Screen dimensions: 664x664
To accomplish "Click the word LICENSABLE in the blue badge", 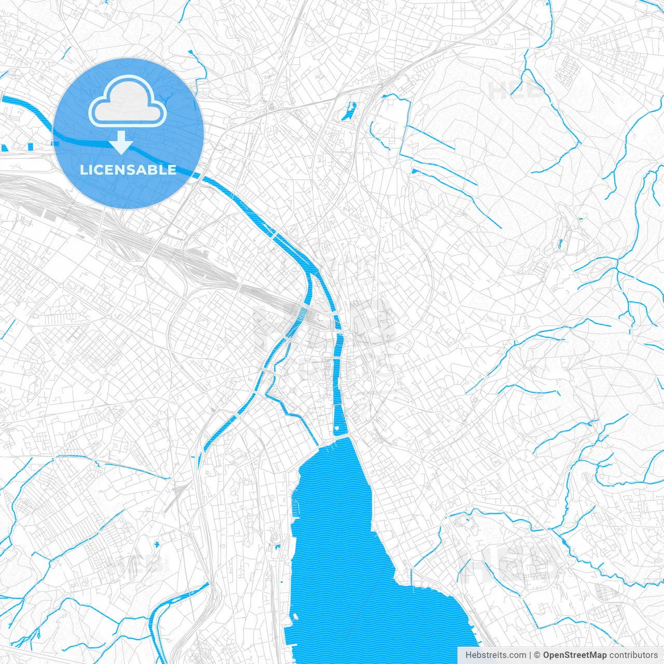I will coord(128,170).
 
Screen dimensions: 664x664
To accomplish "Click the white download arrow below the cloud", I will coord(122,143).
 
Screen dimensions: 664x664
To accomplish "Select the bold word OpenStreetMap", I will coord(575,655).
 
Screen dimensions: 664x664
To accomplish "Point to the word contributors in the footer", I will coord(633,655).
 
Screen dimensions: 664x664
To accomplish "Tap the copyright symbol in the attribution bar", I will coord(537,655).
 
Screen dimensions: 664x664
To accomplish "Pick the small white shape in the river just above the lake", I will coord(337,428).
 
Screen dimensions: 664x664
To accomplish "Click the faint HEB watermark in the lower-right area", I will coord(511,563).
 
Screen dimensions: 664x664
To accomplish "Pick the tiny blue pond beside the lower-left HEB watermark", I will coord(156,544).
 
